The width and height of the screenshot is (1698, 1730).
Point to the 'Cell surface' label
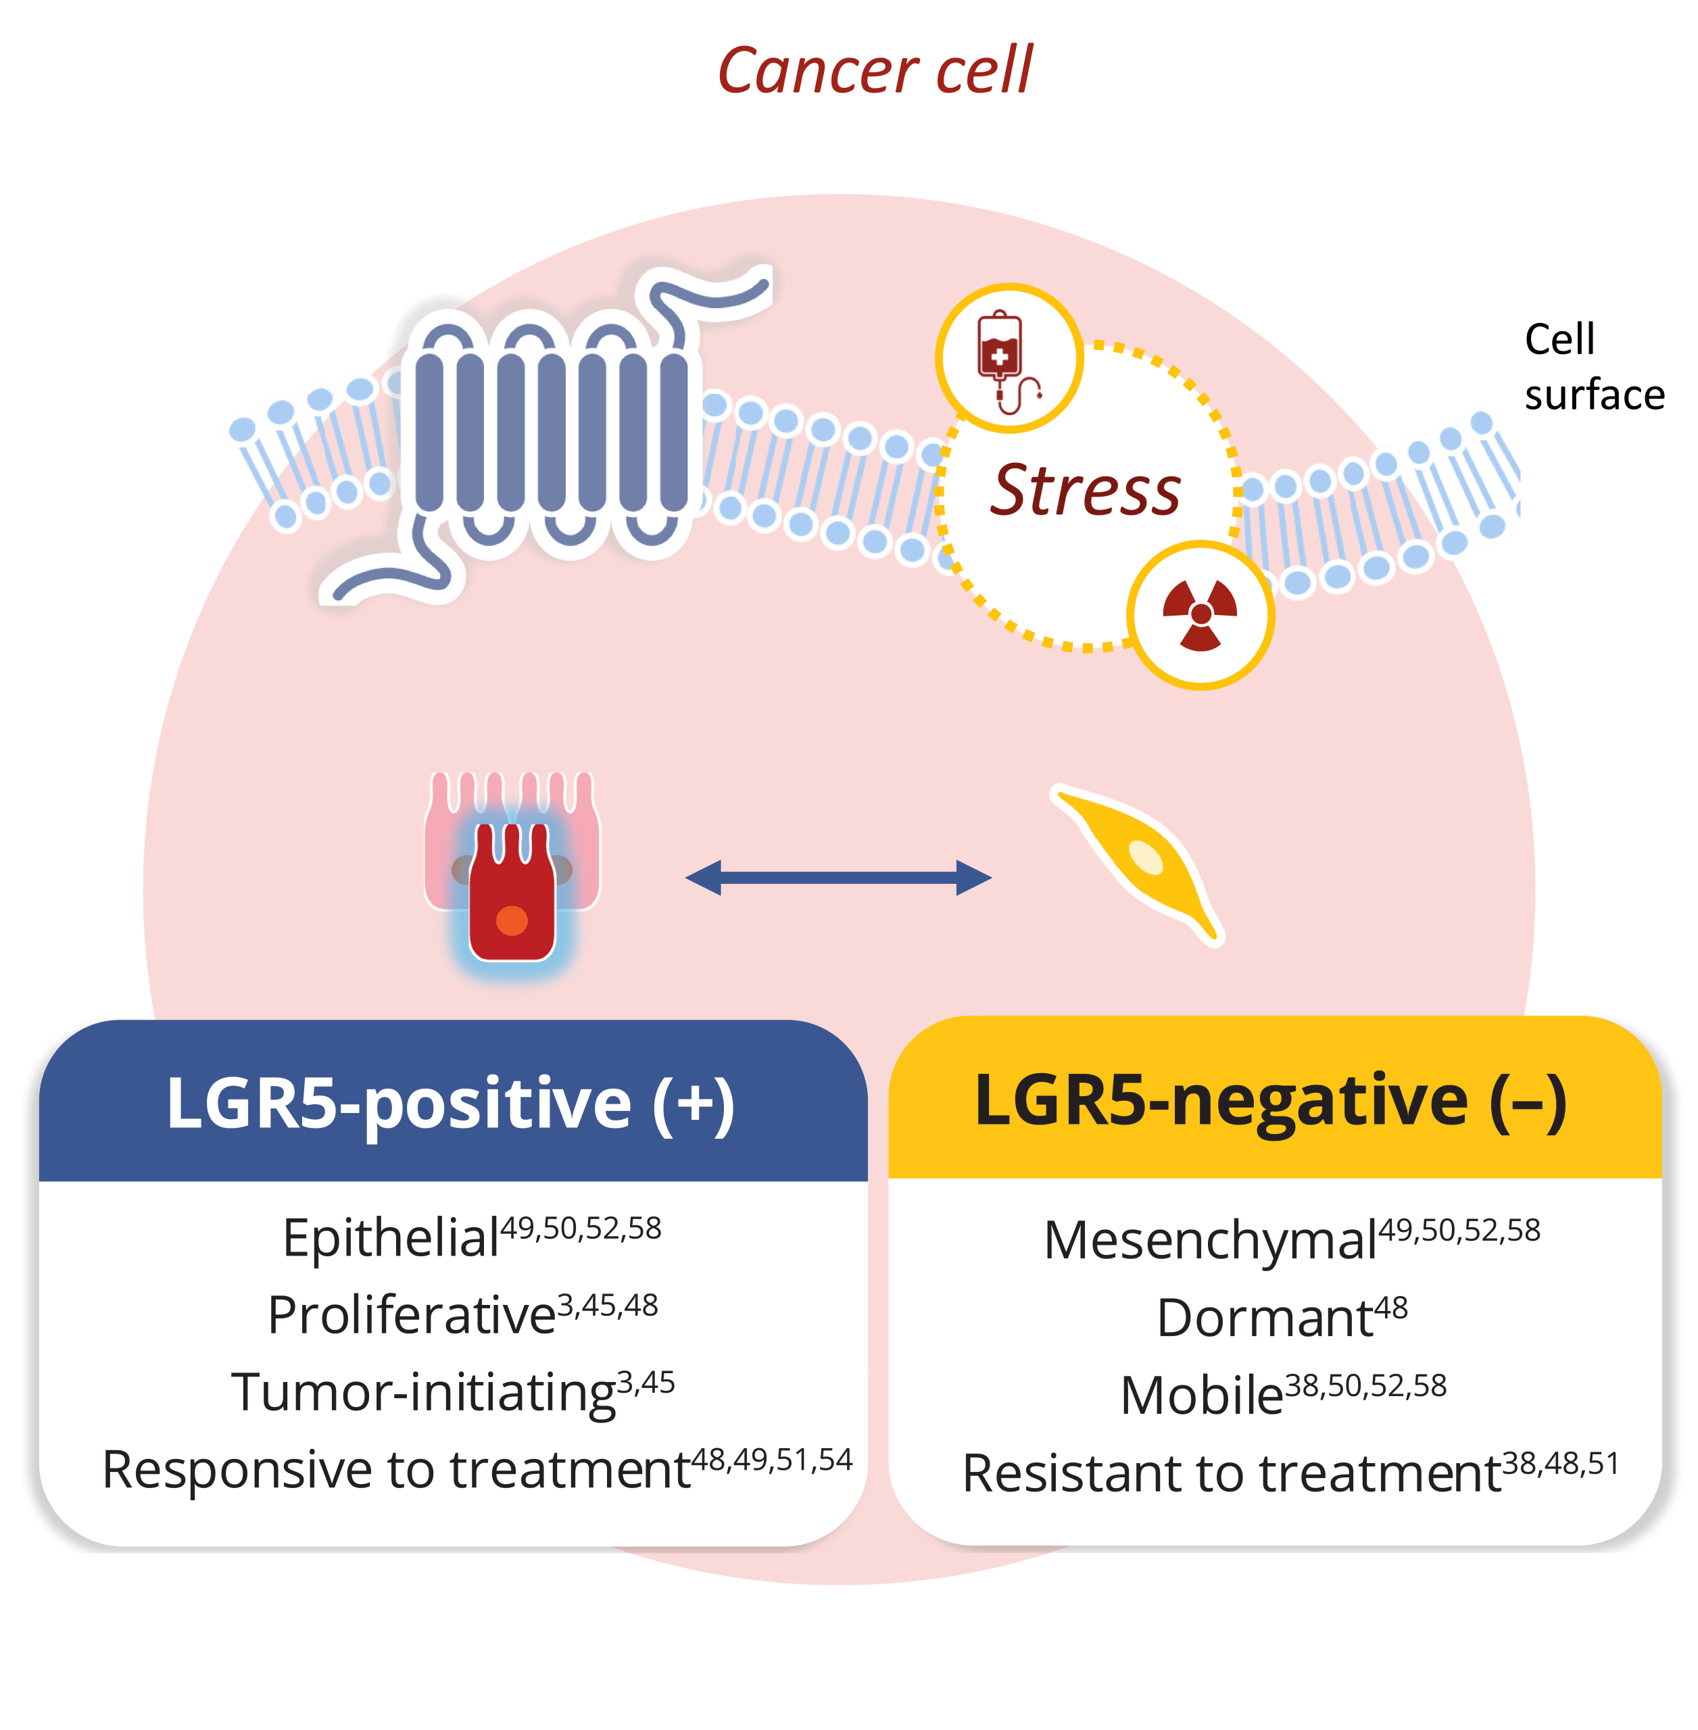(1594, 366)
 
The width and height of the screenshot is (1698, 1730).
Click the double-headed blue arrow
(838, 877)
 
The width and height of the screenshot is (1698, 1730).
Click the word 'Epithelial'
(391, 1238)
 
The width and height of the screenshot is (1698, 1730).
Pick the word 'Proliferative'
(412, 1314)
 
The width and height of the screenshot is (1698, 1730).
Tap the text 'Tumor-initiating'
(424, 1393)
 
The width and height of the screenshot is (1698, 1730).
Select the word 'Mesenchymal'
(1211, 1241)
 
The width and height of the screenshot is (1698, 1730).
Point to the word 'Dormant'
(1265, 1318)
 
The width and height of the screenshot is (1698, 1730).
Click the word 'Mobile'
(1202, 1395)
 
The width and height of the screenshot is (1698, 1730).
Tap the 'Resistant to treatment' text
(1232, 1473)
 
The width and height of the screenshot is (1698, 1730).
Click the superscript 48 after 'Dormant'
(1391, 1308)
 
